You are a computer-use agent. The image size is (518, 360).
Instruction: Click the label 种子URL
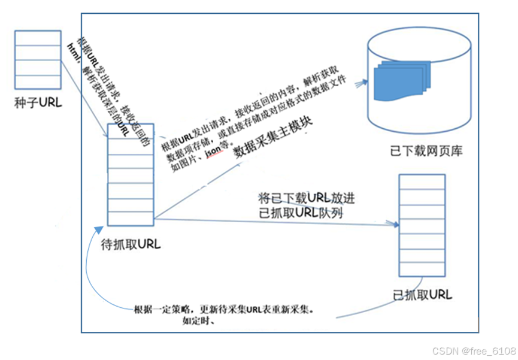(38, 103)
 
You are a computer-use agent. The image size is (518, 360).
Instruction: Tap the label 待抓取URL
(131, 244)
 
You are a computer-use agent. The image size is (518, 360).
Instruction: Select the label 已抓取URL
(422, 294)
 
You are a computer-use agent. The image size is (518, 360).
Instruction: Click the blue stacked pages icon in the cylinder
(399, 81)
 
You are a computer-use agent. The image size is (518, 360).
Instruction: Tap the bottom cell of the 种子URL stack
(37, 81)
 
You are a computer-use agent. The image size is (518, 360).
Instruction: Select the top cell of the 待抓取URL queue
(131, 132)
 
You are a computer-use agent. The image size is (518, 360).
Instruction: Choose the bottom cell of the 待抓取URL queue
(131, 218)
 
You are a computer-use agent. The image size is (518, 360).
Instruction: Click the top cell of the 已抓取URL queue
(422, 182)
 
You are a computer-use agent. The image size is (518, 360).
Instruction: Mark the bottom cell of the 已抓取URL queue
(422, 269)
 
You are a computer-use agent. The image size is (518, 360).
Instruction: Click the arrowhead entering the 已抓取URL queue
(395, 224)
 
